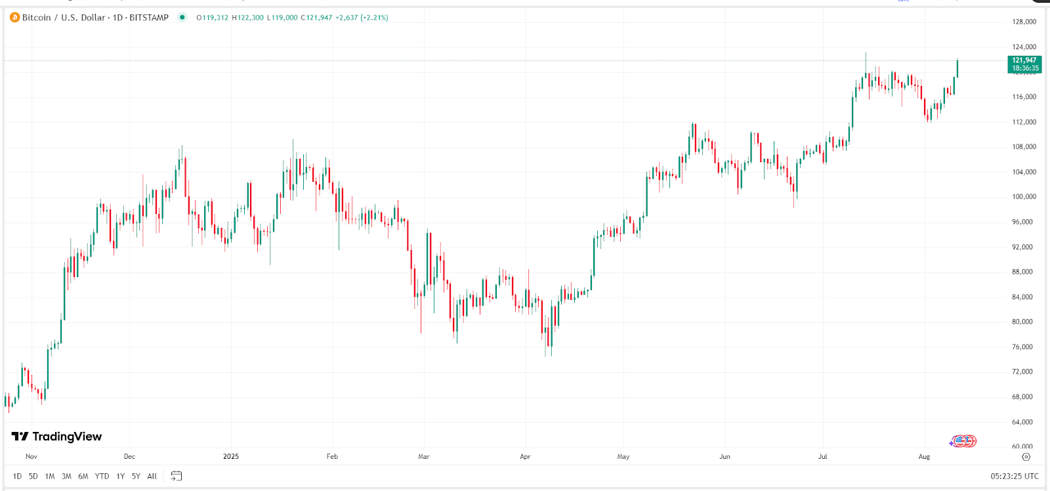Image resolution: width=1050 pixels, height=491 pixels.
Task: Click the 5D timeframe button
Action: click(x=33, y=477)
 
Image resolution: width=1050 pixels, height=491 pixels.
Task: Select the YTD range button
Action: click(x=102, y=477)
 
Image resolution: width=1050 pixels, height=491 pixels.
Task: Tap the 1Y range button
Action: click(x=120, y=477)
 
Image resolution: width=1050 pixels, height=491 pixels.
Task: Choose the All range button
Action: click(x=152, y=477)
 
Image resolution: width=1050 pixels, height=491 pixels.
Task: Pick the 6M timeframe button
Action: click(x=83, y=477)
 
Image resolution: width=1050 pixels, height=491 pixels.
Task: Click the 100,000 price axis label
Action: click(x=1024, y=197)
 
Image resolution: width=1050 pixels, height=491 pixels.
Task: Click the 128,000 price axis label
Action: click(x=1024, y=22)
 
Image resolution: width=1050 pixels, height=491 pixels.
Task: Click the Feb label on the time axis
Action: click(x=332, y=457)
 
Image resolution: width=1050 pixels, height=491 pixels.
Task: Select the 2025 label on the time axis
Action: click(x=231, y=457)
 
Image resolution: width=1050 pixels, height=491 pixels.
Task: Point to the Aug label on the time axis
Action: click(x=924, y=457)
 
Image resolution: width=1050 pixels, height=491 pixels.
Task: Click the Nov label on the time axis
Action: click(x=31, y=457)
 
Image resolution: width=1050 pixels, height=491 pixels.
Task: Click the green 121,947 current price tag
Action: click(x=1024, y=64)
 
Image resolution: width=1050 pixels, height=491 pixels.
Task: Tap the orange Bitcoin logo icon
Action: click(x=14, y=18)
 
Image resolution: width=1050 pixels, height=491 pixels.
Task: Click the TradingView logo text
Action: click(x=58, y=437)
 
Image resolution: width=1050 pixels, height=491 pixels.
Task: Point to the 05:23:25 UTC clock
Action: click(x=1015, y=477)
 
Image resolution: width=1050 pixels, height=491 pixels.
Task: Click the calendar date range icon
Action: click(x=176, y=476)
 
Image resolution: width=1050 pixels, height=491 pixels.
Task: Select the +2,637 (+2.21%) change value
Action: click(x=362, y=18)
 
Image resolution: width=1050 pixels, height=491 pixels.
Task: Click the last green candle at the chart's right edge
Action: click(x=957, y=68)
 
